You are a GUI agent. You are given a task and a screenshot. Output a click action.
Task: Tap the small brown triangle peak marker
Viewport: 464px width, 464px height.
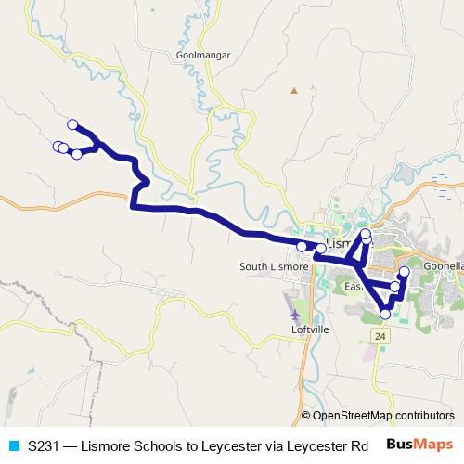(293, 91)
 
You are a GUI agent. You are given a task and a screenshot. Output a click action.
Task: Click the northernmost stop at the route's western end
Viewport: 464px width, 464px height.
(72, 124)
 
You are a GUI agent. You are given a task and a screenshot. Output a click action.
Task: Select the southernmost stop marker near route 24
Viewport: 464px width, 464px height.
(386, 314)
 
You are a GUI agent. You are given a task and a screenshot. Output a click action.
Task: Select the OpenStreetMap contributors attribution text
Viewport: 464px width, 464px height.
(383, 416)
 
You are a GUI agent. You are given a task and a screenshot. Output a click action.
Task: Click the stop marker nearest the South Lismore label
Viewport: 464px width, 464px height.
(302, 246)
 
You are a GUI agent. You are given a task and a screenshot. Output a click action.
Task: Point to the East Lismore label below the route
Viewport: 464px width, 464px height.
(355, 286)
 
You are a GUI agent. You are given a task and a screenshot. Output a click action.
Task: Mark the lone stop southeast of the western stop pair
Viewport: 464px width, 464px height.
(77, 154)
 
